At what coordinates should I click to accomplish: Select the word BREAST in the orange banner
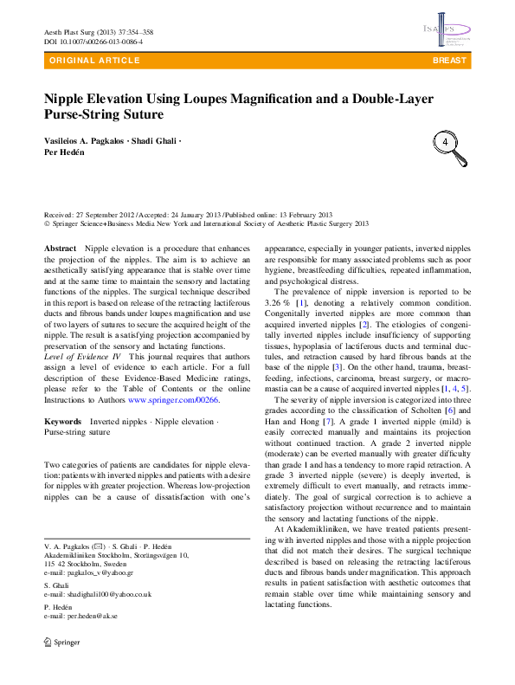450,61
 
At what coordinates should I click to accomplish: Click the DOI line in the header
93,42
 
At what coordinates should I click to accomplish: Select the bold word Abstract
61,249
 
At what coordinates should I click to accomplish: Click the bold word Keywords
63,422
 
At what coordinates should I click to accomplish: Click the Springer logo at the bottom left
61,668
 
